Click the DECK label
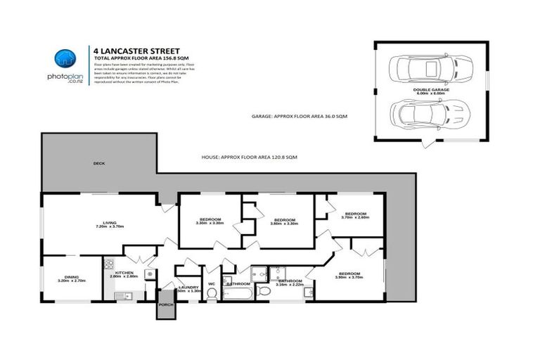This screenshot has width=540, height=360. click(x=99, y=163)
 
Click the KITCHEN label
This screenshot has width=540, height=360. click(x=124, y=273)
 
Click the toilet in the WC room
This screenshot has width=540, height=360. click(x=212, y=293)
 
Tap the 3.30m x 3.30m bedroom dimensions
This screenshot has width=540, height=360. click(x=209, y=224)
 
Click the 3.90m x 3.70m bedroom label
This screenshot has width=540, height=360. click(x=349, y=276)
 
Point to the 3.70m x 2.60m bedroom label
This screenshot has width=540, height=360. click(x=354, y=215)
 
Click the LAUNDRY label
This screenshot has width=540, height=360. click(x=188, y=288)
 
